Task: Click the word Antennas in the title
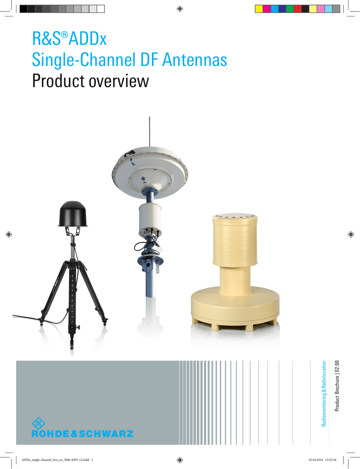[x=194, y=60]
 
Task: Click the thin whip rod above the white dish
[x=149, y=131]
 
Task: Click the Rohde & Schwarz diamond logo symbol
[x=38, y=423]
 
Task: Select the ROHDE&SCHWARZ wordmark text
[x=82, y=434]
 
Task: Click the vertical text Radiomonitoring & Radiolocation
[x=324, y=393]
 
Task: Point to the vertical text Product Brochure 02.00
[x=337, y=386]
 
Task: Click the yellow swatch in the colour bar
[x=259, y=9]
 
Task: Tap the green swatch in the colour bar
[x=290, y=9]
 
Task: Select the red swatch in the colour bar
[x=298, y=9]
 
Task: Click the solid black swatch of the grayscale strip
[x=23, y=9]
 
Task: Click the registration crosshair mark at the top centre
[x=180, y=9]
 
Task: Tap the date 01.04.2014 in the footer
[x=316, y=460]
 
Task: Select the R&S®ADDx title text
[x=69, y=39]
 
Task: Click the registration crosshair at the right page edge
[x=351, y=234]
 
